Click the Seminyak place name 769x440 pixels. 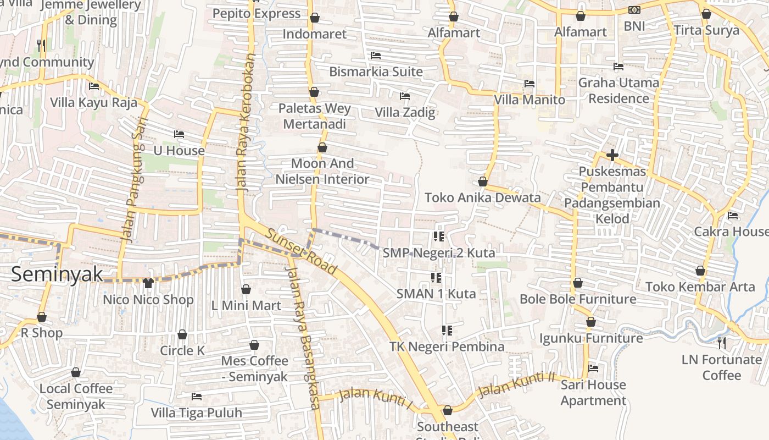[x=57, y=273]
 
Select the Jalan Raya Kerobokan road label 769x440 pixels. [x=247, y=122]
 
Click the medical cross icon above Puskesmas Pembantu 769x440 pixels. [x=612, y=155]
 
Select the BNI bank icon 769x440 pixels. [x=634, y=10]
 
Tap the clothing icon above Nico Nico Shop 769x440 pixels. [x=148, y=283]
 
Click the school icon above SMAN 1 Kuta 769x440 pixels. [x=436, y=277]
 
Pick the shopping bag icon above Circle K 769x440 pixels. [x=182, y=334]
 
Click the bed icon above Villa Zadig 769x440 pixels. [x=405, y=96]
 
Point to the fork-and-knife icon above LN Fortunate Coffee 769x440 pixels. [x=722, y=343]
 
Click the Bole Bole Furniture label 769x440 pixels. [x=577, y=299]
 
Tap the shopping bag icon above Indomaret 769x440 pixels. [x=315, y=18]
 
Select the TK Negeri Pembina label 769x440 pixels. [x=447, y=346]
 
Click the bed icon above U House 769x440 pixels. [x=179, y=134]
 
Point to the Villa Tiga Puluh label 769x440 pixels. [x=196, y=413]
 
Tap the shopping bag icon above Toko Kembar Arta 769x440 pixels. [x=700, y=271]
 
